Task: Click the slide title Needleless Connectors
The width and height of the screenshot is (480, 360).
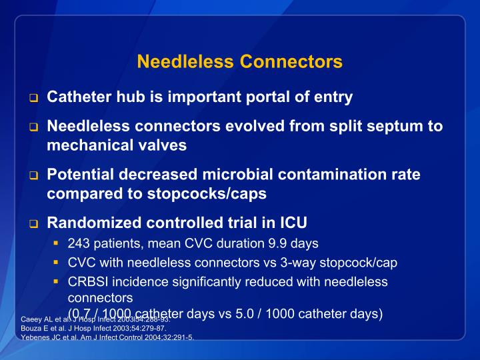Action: [x=239, y=62]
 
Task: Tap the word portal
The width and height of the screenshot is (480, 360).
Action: [x=270, y=97]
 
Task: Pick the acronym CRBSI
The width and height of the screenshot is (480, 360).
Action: [x=87, y=281]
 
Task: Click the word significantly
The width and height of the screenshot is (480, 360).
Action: [x=208, y=281]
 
